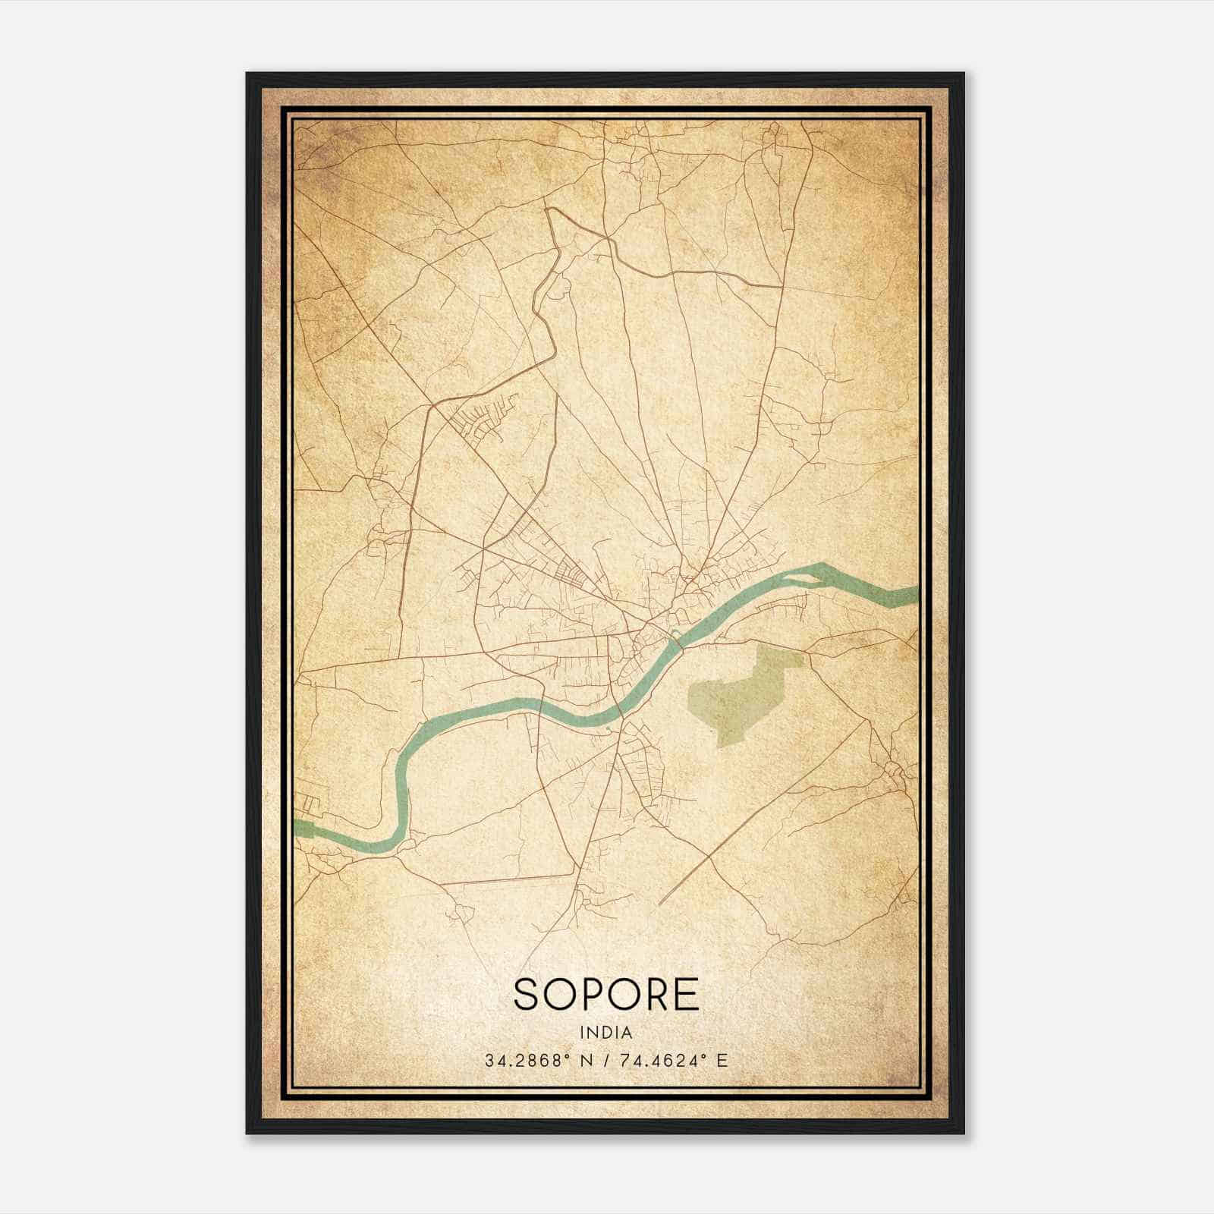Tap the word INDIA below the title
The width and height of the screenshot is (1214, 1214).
click(x=605, y=1033)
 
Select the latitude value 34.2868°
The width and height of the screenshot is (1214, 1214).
click(x=528, y=1060)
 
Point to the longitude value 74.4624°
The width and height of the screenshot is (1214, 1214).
click(x=656, y=1060)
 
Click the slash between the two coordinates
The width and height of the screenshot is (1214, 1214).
click(x=602, y=1060)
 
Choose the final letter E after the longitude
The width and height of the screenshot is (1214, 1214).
click(x=722, y=1060)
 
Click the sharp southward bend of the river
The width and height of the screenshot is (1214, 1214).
click(x=401, y=789)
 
